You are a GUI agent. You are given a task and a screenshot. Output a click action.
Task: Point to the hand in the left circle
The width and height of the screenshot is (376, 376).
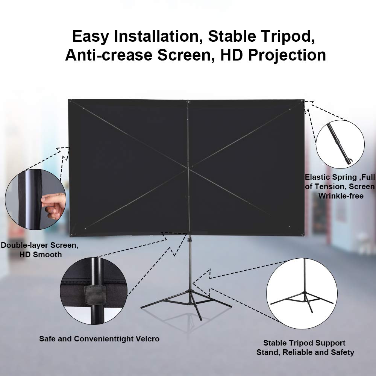(53, 206)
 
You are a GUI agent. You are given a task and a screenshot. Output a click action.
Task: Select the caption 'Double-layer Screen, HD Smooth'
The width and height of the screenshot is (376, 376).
(40, 250)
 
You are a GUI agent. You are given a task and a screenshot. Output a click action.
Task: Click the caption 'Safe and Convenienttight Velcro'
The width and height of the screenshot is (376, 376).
(99, 339)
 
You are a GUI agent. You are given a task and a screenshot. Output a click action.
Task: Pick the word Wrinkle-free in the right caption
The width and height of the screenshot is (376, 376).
(341, 196)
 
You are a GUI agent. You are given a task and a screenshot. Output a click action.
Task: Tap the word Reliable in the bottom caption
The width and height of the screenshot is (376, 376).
(297, 352)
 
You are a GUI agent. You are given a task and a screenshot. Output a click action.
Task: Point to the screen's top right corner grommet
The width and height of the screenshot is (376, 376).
(302, 102)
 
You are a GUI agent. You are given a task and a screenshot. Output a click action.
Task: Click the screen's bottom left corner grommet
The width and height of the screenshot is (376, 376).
(71, 235)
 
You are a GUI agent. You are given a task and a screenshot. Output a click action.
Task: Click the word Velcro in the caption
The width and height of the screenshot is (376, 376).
(147, 339)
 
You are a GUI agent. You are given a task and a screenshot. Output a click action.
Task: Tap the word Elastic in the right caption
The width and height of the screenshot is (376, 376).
(317, 177)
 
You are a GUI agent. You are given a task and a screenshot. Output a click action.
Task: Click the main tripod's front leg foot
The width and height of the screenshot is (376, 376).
(200, 318)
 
